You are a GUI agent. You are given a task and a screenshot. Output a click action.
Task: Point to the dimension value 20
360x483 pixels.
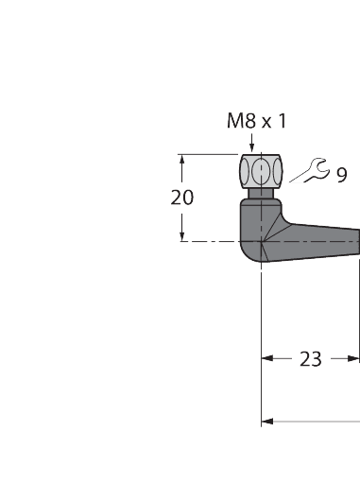point(183,198)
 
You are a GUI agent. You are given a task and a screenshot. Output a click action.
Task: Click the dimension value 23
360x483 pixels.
point(310,358)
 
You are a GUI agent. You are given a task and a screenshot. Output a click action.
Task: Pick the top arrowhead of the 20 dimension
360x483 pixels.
point(183,160)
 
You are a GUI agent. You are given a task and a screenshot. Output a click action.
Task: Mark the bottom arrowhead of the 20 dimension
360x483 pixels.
point(183,236)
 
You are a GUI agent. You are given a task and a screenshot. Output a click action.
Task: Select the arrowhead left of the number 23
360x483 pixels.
point(268,358)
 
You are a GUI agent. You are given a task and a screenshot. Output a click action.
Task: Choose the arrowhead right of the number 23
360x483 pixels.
point(352,358)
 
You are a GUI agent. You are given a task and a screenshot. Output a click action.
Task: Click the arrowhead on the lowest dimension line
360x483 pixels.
point(268,421)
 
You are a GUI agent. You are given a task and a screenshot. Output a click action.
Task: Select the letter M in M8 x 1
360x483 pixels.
point(234,121)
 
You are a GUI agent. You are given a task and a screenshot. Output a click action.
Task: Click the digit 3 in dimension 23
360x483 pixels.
point(317,358)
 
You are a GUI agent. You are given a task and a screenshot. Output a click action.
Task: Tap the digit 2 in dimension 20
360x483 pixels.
point(177,198)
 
